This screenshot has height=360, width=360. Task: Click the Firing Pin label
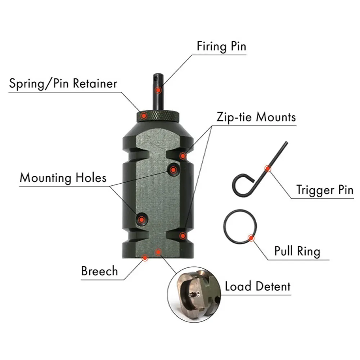click(221, 46)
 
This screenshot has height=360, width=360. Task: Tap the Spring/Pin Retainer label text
click(63, 84)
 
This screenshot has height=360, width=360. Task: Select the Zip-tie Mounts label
click(256, 117)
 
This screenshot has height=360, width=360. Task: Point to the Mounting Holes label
click(63, 178)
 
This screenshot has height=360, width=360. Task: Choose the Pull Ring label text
click(297, 251)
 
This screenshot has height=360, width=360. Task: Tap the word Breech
click(99, 271)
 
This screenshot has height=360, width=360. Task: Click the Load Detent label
click(257, 287)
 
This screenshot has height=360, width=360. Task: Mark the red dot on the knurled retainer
click(144, 116)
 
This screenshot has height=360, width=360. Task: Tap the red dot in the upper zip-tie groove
click(183, 156)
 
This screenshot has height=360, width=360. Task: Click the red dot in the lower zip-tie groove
click(183, 236)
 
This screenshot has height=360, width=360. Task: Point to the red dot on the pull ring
click(251, 238)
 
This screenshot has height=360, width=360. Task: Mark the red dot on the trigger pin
click(267, 168)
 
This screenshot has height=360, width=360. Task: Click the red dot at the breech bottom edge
click(145, 258)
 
